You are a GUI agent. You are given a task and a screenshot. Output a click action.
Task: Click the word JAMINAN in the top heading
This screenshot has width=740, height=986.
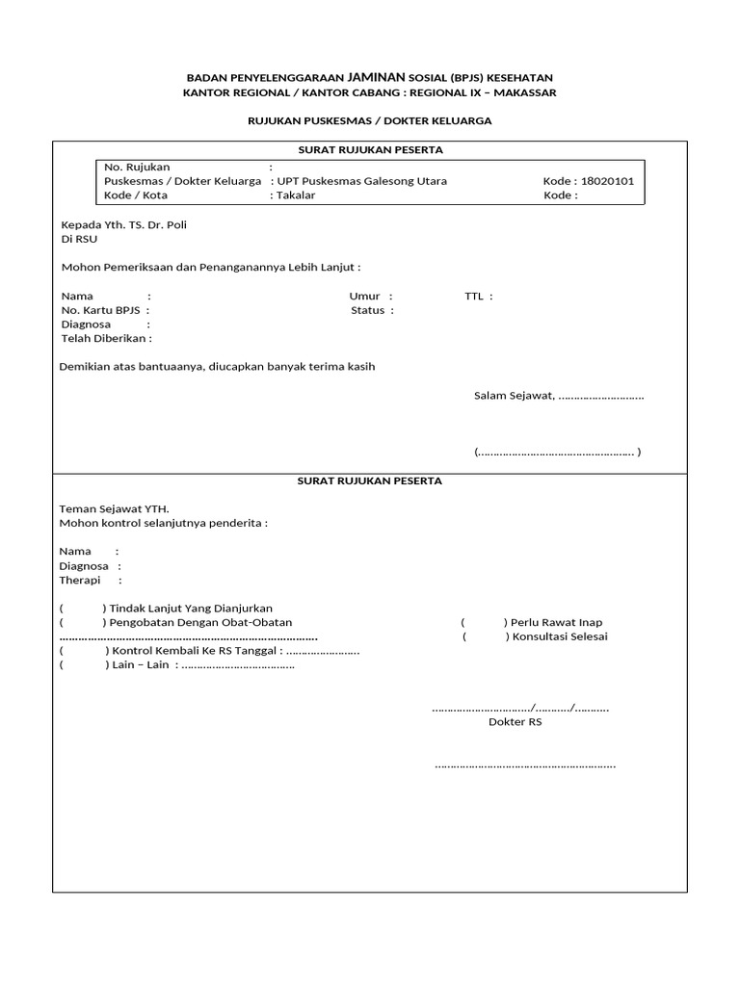click(x=377, y=77)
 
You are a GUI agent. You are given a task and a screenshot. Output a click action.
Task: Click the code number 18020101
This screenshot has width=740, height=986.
click(x=607, y=181)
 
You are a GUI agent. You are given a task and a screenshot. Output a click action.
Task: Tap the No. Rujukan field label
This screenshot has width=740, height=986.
click(x=137, y=167)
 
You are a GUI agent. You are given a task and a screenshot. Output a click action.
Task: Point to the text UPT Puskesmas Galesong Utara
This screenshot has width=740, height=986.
click(x=361, y=181)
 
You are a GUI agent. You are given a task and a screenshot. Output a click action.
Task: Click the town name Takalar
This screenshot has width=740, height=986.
click(x=296, y=195)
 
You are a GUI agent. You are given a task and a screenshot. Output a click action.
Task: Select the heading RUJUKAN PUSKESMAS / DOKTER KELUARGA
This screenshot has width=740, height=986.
click(x=370, y=120)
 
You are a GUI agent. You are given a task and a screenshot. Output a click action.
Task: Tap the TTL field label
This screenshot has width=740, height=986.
click(x=473, y=296)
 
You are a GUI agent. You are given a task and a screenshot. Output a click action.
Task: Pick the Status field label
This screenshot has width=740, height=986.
click(x=367, y=310)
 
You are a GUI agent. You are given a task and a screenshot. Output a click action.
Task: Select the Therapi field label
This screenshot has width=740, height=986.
click(x=80, y=581)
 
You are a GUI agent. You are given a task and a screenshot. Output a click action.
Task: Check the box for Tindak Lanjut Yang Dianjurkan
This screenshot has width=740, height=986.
click(x=82, y=609)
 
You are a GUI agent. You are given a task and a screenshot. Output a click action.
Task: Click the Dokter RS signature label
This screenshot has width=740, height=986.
click(x=515, y=721)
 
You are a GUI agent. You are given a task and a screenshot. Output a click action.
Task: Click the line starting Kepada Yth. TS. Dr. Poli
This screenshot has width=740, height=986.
click(x=124, y=224)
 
